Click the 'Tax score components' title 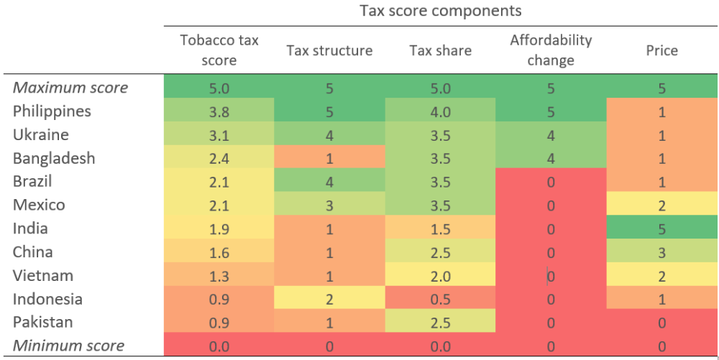pos(440,11)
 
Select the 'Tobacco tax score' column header pos(219,50)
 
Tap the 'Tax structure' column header pos(329,50)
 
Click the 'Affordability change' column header pos(550,50)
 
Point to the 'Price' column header pos(661,50)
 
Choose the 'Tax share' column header pos(440,50)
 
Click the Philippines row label pos(52,111)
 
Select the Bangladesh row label pos(54,158)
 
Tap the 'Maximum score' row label pos(70,88)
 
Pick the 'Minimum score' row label pos(69,346)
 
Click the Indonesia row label pos(47,299)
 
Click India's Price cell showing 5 pos(661,229)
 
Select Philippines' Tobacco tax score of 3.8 pos(219,111)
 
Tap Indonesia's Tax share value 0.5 pos(440,299)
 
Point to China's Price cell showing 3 pos(661,252)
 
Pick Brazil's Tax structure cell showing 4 pos(329,182)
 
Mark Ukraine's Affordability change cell pos(550,135)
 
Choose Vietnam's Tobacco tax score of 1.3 pos(219,276)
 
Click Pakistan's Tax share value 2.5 pos(440,323)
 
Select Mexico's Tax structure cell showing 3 pos(329,206)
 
